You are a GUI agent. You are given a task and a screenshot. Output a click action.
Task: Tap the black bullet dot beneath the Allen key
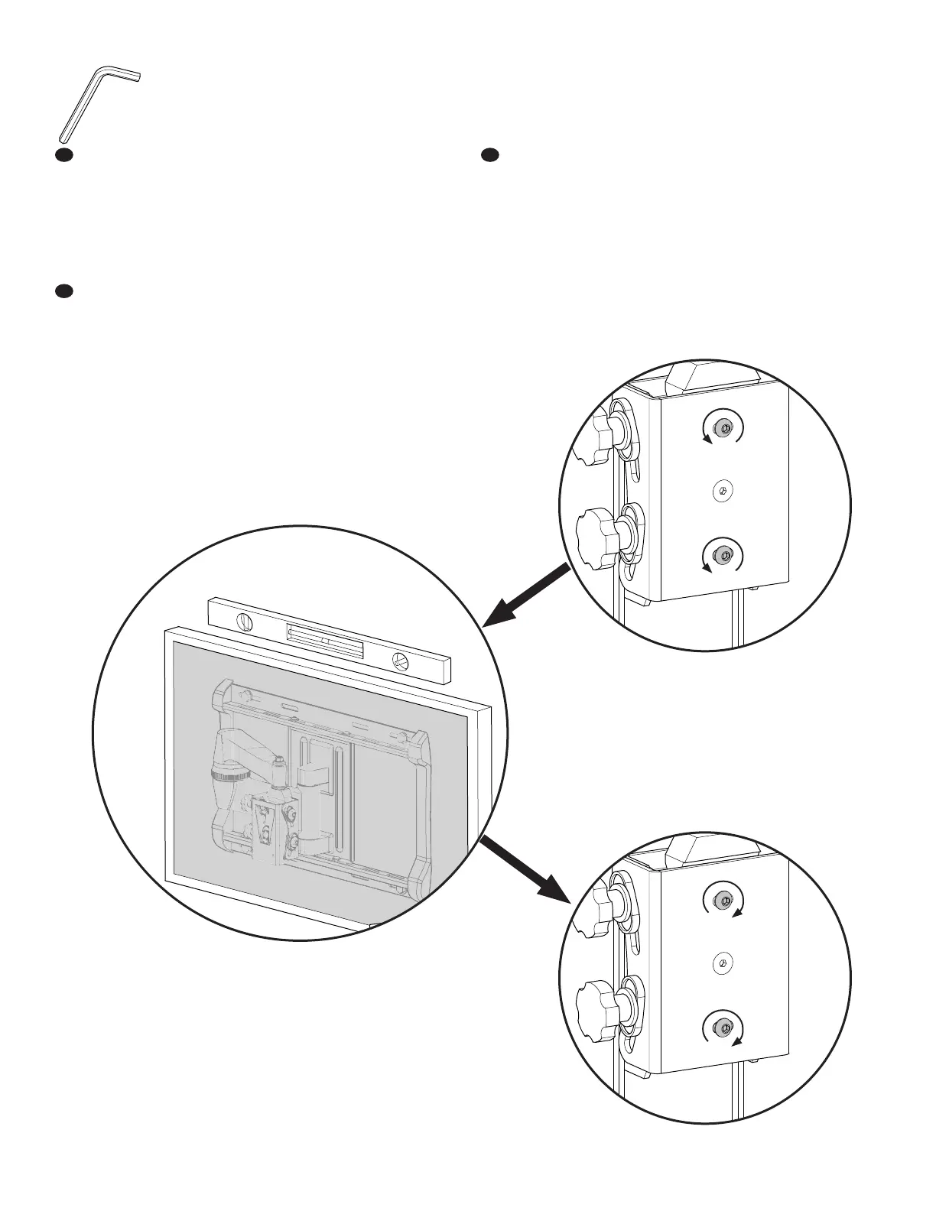pos(64,155)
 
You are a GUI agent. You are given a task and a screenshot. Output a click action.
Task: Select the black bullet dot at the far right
pos(489,155)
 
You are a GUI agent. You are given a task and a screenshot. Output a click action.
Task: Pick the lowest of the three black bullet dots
pos(64,291)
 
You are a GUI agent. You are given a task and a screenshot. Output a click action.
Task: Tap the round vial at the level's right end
pos(401,659)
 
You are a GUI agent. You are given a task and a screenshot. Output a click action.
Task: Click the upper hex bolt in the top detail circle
pos(721,427)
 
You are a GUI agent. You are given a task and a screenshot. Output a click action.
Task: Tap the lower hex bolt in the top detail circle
pos(721,554)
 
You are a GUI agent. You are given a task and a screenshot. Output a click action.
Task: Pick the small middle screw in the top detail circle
pos(723,490)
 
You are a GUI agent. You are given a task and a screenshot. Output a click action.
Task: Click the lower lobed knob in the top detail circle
pos(597,532)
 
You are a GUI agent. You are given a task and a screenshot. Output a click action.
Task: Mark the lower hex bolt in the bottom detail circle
pos(721,1026)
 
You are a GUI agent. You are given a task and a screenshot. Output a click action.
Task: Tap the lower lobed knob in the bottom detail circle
pos(597,1005)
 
